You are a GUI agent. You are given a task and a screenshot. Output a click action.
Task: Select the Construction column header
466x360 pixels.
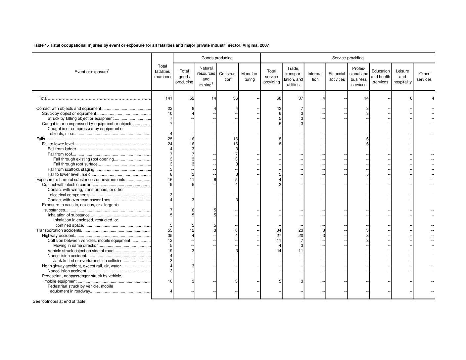(x=228, y=76)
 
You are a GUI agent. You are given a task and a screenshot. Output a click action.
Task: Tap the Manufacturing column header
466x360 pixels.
(x=250, y=76)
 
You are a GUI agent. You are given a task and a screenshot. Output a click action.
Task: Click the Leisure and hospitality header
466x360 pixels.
(x=402, y=76)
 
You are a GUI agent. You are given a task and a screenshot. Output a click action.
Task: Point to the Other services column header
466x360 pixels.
(x=424, y=76)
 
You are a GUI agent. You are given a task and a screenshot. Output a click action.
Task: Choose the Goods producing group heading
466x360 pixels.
(x=217, y=58)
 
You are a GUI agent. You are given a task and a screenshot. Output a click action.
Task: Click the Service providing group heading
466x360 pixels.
(x=348, y=58)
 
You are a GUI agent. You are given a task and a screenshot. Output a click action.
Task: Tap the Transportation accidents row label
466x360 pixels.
(x=59, y=230)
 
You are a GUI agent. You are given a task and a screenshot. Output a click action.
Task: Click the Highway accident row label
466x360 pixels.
(x=55, y=235)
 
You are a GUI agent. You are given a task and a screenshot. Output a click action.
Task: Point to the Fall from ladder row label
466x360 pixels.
(x=62, y=149)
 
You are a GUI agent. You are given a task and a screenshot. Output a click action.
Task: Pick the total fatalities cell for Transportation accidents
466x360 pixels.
(x=170, y=230)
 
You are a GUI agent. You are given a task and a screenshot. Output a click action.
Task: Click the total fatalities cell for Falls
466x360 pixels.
(x=170, y=139)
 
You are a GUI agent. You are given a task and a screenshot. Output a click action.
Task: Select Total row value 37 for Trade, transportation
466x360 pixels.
(x=301, y=98)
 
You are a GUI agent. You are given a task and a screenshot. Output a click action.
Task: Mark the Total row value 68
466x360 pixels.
(x=279, y=98)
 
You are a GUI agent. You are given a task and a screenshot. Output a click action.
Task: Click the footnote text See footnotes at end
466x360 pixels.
(x=60, y=301)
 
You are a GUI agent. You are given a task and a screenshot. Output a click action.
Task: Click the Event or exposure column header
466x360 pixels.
(x=92, y=72)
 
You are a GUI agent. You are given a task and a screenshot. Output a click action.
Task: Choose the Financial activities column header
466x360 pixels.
(x=337, y=76)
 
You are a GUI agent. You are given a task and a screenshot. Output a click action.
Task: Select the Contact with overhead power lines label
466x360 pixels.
(x=79, y=200)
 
